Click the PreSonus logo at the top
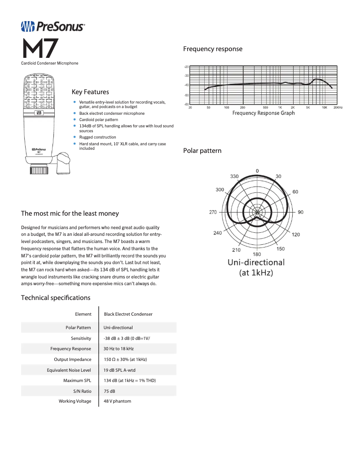pos(53,27)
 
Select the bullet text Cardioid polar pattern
pos(99,120)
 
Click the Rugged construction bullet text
pos(97,137)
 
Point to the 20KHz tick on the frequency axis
pos(338,108)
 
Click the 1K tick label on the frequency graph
pos(280,108)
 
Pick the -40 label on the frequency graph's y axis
pos(186,85)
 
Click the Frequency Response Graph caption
pos(263,113)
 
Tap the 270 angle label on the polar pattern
pos(213,212)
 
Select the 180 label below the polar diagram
pos(257,255)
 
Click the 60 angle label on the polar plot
pos(295,192)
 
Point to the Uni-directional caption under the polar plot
pos(256,262)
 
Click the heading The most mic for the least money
pos(70,213)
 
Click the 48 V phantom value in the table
pos(118,401)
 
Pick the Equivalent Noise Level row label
pos(69,370)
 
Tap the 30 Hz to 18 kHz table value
pos(119,348)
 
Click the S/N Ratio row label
pos(82,391)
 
